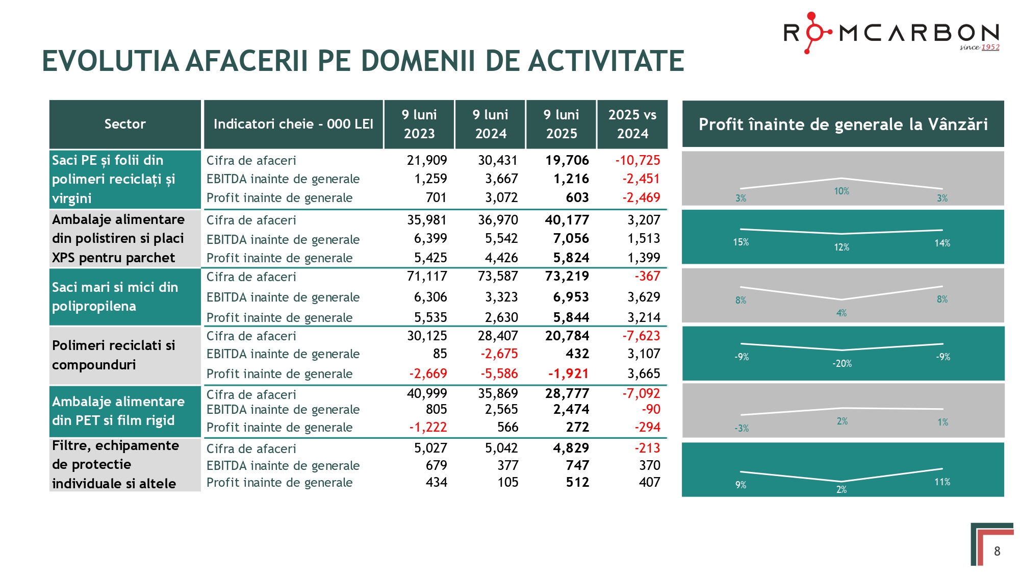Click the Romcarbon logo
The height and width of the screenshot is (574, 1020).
[890, 33]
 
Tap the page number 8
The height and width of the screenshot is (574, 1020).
[997, 551]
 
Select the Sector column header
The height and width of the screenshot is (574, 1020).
[125, 124]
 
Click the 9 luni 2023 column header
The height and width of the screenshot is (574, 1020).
[419, 124]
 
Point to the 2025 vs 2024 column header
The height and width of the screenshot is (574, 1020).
[632, 124]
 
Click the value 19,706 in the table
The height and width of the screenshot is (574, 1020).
[567, 160]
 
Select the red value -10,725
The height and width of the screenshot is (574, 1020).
[637, 160]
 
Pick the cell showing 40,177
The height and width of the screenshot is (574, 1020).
[567, 220]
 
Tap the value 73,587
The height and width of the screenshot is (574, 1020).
[497, 276]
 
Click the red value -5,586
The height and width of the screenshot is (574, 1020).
[499, 373]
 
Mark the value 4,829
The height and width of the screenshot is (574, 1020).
[571, 448]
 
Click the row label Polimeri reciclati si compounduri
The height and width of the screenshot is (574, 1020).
[114, 355]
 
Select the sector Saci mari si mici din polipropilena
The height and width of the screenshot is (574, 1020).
[115, 296]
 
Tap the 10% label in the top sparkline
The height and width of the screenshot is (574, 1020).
[841, 191]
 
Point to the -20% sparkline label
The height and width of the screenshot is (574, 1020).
[841, 364]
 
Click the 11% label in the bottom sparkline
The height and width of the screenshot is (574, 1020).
[941, 482]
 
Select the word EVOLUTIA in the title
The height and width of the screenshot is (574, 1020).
[110, 61]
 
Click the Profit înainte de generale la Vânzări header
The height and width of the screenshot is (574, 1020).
[843, 124]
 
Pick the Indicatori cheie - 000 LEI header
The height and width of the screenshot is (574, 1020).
[293, 124]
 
